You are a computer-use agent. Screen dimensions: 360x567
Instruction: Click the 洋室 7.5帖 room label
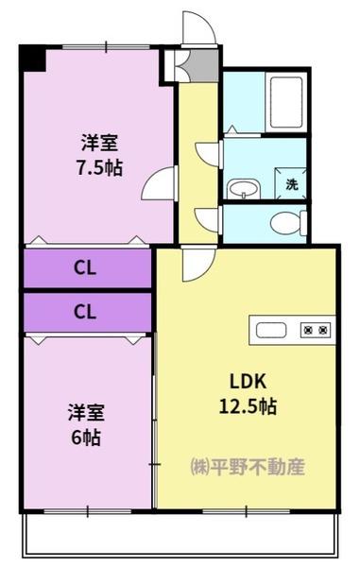point(99,155)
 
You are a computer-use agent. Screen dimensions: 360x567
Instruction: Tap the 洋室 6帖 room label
point(86,424)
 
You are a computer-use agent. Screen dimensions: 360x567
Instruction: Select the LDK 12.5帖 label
point(248,394)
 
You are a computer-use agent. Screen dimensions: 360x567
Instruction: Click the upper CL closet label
point(85,268)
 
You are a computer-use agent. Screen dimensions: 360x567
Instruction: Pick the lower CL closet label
point(85,311)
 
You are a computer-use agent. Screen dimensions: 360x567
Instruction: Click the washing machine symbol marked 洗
point(291,183)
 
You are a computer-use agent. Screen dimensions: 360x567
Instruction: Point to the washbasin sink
point(244,189)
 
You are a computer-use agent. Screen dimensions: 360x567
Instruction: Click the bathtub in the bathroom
point(286,102)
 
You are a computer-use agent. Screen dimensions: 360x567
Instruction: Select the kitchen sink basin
point(271,330)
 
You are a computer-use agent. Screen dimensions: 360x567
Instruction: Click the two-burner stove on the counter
point(316,330)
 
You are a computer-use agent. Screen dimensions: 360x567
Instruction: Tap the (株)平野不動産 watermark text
point(248,467)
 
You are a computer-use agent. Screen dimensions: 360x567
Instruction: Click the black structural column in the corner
point(32,58)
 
